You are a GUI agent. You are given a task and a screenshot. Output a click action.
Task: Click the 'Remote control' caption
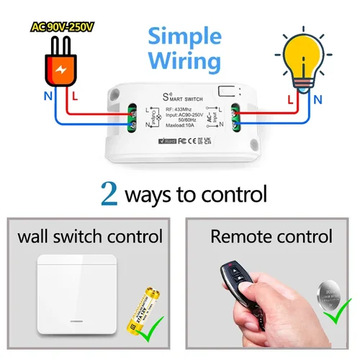(x=271, y=235)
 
